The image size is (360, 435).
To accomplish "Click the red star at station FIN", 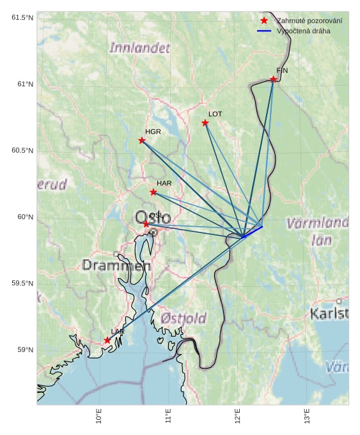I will pos(273,79).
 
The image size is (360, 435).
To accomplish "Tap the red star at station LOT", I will pos(205,123).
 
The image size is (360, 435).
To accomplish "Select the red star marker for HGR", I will pos(142,141).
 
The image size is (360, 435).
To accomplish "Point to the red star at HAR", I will pos(153,192).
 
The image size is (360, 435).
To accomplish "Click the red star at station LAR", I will pos(107,340).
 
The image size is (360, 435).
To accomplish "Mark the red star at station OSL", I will pos(146,224).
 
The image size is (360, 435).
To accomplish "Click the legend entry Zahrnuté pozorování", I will pos(309,21).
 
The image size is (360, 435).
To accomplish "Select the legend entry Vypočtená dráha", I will pos(303,31).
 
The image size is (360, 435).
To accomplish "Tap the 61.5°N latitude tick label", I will pos(22,17).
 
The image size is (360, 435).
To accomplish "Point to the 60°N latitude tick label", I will pos(25,217).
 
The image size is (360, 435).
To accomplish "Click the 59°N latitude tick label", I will pos(25,350).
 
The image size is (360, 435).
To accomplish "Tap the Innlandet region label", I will pos(140,48).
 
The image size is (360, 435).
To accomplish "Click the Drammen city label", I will pos(116,265).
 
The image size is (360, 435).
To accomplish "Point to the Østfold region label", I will pos(184,318).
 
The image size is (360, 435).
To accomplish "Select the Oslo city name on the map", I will pos(152,217).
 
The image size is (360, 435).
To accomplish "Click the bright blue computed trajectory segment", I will pos(253,231).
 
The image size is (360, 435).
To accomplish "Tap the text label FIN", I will pos(282,70).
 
